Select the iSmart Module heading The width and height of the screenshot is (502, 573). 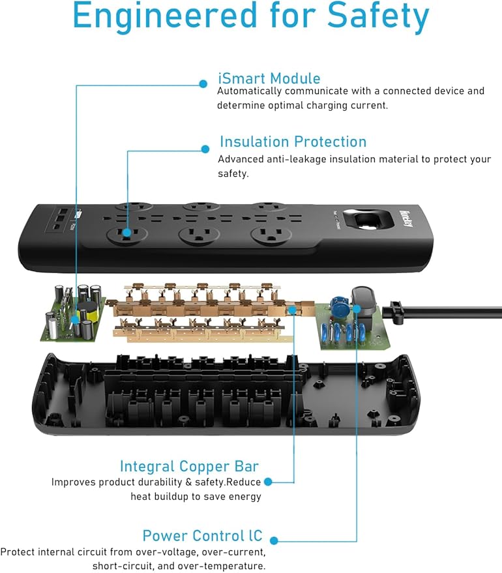[269, 78]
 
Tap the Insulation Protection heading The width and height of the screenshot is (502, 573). [293, 141]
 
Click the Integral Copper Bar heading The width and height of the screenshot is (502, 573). [189, 466]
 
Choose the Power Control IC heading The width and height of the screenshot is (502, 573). [202, 536]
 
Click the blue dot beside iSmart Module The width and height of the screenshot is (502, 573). [203, 84]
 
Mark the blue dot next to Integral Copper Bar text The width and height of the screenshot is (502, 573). [268, 482]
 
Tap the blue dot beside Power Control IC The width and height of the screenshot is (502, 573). [274, 541]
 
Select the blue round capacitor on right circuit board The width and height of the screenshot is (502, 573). [338, 304]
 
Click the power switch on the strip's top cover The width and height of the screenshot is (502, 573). [358, 218]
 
